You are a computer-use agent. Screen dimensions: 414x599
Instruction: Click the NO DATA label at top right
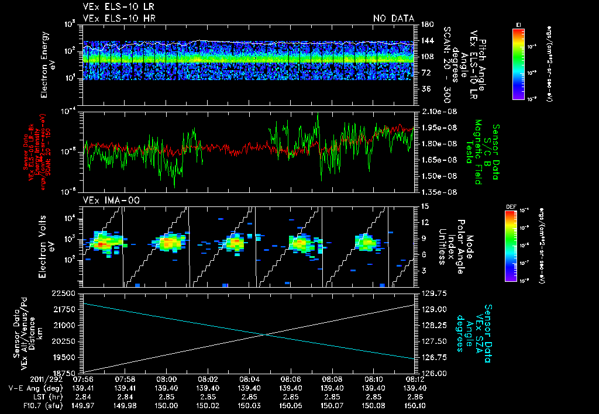394,18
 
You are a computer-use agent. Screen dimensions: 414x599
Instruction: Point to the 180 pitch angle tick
426,24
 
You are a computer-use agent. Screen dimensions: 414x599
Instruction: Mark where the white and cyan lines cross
266,334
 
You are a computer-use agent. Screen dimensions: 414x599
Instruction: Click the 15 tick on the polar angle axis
424,206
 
